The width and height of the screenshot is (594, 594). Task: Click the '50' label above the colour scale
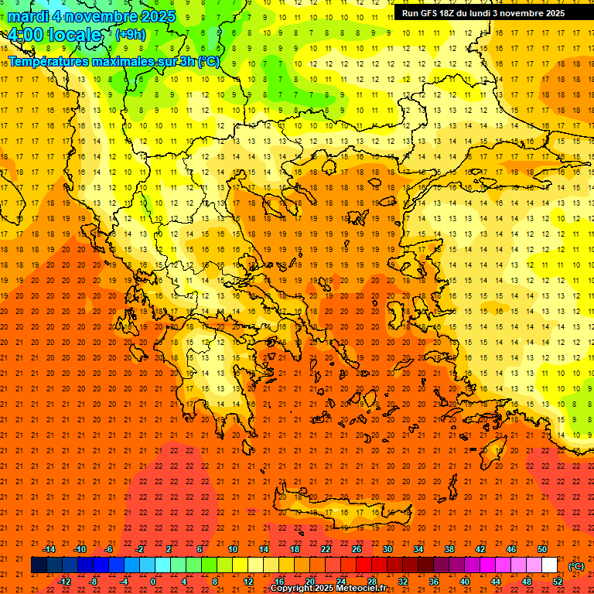[x=542, y=549]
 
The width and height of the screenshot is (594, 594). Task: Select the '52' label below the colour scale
[x=558, y=582]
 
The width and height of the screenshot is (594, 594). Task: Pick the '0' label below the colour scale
[x=153, y=582]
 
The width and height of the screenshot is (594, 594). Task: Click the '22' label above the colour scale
[x=326, y=549]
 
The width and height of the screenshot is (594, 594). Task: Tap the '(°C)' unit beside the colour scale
[x=575, y=566]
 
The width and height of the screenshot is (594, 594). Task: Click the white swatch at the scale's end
[x=550, y=565]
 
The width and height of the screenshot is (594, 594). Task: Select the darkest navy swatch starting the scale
[x=39, y=565]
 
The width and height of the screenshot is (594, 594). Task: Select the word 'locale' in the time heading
[x=73, y=35]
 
